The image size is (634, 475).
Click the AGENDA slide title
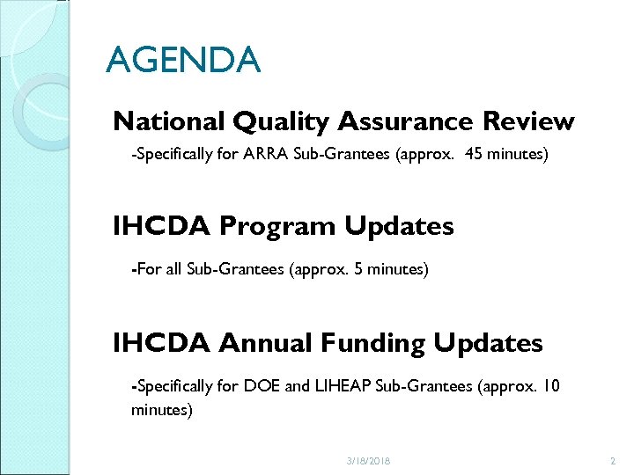(183, 61)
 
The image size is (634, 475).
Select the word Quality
(269, 121)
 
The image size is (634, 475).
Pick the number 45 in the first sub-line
(473, 155)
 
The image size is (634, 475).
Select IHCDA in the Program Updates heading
(161, 226)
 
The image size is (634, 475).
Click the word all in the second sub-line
(174, 269)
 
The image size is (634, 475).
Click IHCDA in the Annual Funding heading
(161, 342)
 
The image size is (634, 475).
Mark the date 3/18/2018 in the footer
(368, 461)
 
